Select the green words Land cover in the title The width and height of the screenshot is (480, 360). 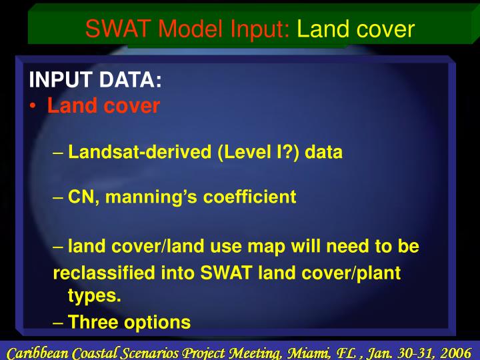(x=355, y=29)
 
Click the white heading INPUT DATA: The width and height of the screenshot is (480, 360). (x=95, y=81)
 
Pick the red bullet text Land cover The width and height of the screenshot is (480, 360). (x=103, y=106)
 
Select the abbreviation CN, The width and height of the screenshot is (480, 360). (x=82, y=197)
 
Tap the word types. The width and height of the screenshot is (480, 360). (x=95, y=296)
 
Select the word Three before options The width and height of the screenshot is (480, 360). (x=92, y=323)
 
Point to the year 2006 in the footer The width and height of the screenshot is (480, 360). (x=455, y=351)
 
